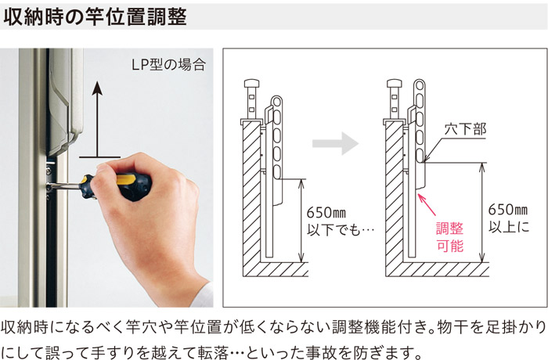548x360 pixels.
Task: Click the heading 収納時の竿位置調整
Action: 96,16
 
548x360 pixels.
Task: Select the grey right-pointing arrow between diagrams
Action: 333,143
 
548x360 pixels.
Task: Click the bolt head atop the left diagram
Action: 252,85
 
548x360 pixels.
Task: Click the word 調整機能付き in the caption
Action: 341,325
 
